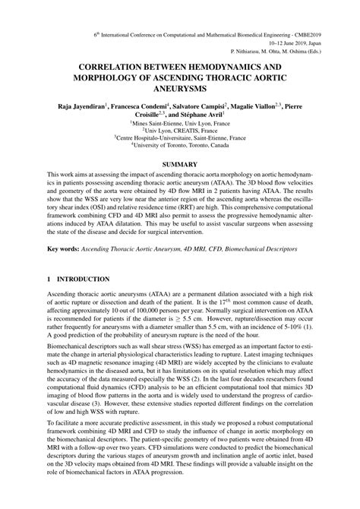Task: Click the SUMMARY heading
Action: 180,165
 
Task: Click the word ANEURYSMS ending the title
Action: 180,90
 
